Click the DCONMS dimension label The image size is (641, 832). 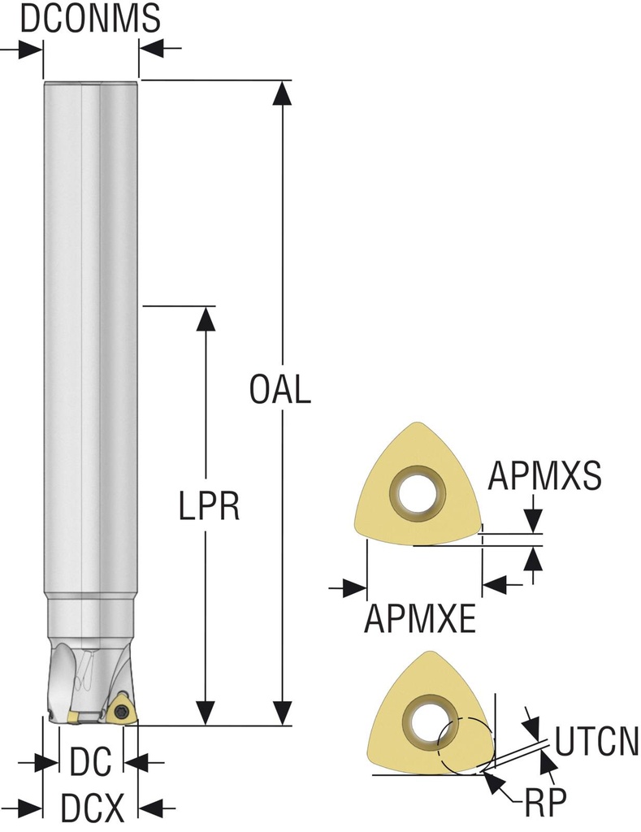(x=90, y=18)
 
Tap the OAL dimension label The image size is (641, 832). (x=280, y=389)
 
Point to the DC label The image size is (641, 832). (x=91, y=761)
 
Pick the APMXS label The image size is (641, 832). (x=544, y=474)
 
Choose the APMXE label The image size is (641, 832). (x=420, y=618)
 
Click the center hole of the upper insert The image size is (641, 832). (x=418, y=490)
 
